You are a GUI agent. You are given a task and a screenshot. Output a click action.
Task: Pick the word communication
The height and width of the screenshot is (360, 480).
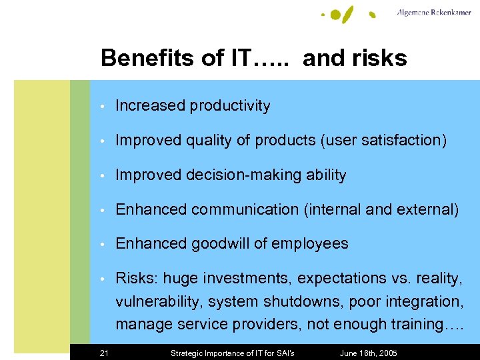[245, 210]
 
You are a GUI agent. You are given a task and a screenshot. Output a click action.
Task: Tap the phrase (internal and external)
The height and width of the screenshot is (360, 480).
[381, 210]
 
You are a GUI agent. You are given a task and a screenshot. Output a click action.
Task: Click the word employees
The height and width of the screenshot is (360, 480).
[312, 244]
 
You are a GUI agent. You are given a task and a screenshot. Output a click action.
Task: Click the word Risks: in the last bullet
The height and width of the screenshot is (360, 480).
[137, 278]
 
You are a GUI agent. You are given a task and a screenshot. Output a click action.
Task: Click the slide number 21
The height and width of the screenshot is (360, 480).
[104, 353]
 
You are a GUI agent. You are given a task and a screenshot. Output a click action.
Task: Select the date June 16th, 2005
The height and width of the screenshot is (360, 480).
[369, 353]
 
